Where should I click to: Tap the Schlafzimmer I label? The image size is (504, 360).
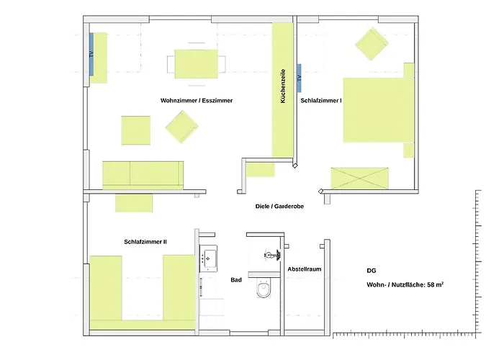click(321, 101)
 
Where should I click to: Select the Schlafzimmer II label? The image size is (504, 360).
click(145, 242)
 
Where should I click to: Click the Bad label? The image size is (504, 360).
click(235, 279)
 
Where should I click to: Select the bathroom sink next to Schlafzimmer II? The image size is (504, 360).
click(211, 256)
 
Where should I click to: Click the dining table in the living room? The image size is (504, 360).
click(197, 63)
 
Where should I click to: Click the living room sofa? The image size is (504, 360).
click(142, 174)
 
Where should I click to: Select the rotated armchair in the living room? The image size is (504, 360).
click(181, 127)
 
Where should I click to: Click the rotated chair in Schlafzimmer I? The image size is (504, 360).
click(372, 45)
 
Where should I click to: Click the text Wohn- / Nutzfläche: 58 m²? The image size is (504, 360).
click(405, 285)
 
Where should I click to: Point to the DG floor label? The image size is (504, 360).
click(371, 271)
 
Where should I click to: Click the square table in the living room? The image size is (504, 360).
click(135, 130)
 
